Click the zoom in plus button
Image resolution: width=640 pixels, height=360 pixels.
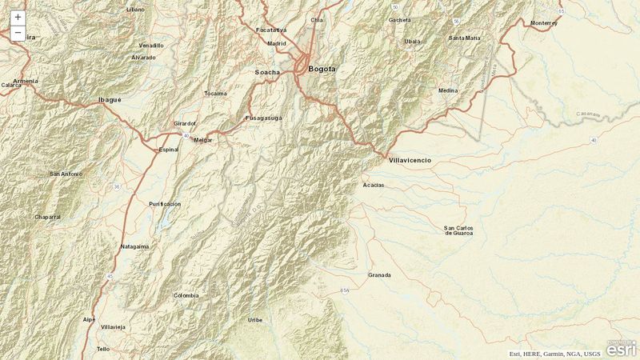(18, 17)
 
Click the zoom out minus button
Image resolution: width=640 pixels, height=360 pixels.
(18, 33)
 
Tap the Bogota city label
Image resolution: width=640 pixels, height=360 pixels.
(322, 69)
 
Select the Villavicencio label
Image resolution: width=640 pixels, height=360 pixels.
(410, 161)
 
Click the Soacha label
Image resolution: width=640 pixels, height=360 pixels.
(267, 72)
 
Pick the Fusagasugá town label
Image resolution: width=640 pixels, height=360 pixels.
(263, 118)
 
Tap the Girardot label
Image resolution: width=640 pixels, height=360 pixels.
(185, 124)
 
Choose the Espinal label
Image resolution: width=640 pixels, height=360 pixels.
(169, 150)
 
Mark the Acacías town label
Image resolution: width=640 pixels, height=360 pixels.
(373, 185)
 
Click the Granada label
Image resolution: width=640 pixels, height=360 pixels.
(379, 275)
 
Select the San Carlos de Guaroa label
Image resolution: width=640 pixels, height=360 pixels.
(458, 231)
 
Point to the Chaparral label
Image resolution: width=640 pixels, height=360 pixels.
(48, 217)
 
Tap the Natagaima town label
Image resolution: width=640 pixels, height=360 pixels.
(134, 246)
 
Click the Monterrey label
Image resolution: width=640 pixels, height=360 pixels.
(543, 23)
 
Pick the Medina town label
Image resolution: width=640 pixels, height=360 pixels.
(448, 90)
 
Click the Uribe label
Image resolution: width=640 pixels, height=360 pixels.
(254, 319)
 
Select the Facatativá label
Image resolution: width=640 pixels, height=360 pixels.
(271, 30)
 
